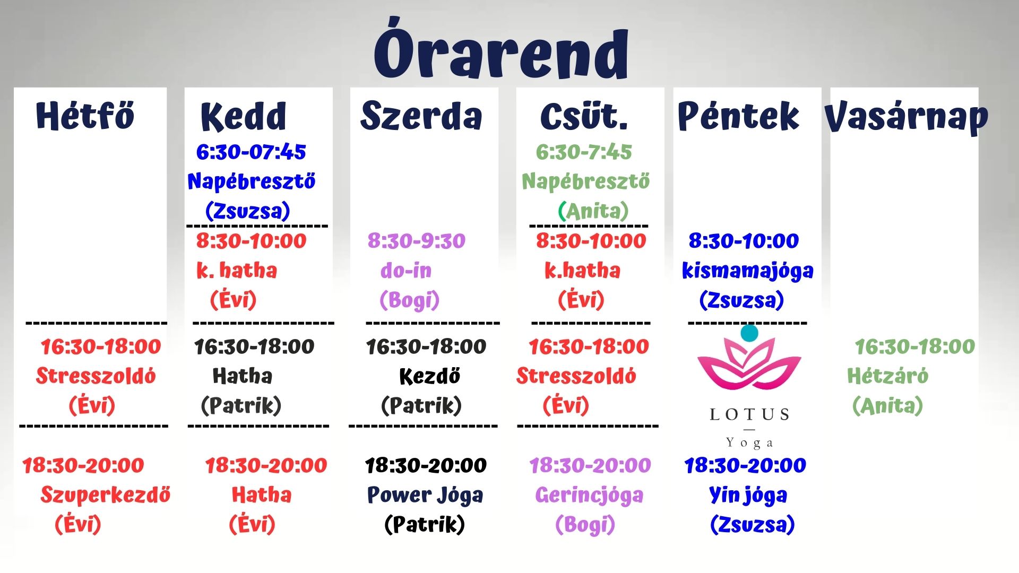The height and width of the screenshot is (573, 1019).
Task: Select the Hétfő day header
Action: [x=85, y=115]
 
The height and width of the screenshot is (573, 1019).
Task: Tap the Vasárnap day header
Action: [x=906, y=117]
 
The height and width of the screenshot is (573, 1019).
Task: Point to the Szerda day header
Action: [x=421, y=116]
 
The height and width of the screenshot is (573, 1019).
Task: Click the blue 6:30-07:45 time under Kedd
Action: [x=251, y=152]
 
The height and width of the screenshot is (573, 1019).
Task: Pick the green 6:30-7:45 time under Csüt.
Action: [x=584, y=152]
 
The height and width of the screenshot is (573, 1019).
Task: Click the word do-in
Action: [x=406, y=271]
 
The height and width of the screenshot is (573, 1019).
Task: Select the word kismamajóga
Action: [x=747, y=271]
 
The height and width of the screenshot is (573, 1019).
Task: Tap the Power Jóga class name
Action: [x=425, y=495]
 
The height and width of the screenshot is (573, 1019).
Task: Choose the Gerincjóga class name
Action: [x=589, y=495]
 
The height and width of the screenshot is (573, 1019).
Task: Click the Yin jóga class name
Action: [x=748, y=495]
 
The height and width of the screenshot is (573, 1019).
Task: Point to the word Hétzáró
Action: [x=887, y=376]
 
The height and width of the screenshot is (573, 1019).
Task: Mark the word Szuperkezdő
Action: [x=105, y=495]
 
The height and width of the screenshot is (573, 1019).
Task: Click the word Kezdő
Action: [x=429, y=377]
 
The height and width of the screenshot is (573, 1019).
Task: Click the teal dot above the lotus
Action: [x=749, y=333]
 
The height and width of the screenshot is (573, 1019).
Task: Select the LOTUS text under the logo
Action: [x=749, y=414]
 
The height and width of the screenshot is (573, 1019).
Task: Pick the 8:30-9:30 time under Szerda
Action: [x=417, y=241]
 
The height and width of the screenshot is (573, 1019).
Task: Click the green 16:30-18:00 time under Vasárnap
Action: [x=915, y=347]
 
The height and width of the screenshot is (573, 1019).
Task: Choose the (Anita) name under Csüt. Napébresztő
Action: [x=593, y=211]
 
